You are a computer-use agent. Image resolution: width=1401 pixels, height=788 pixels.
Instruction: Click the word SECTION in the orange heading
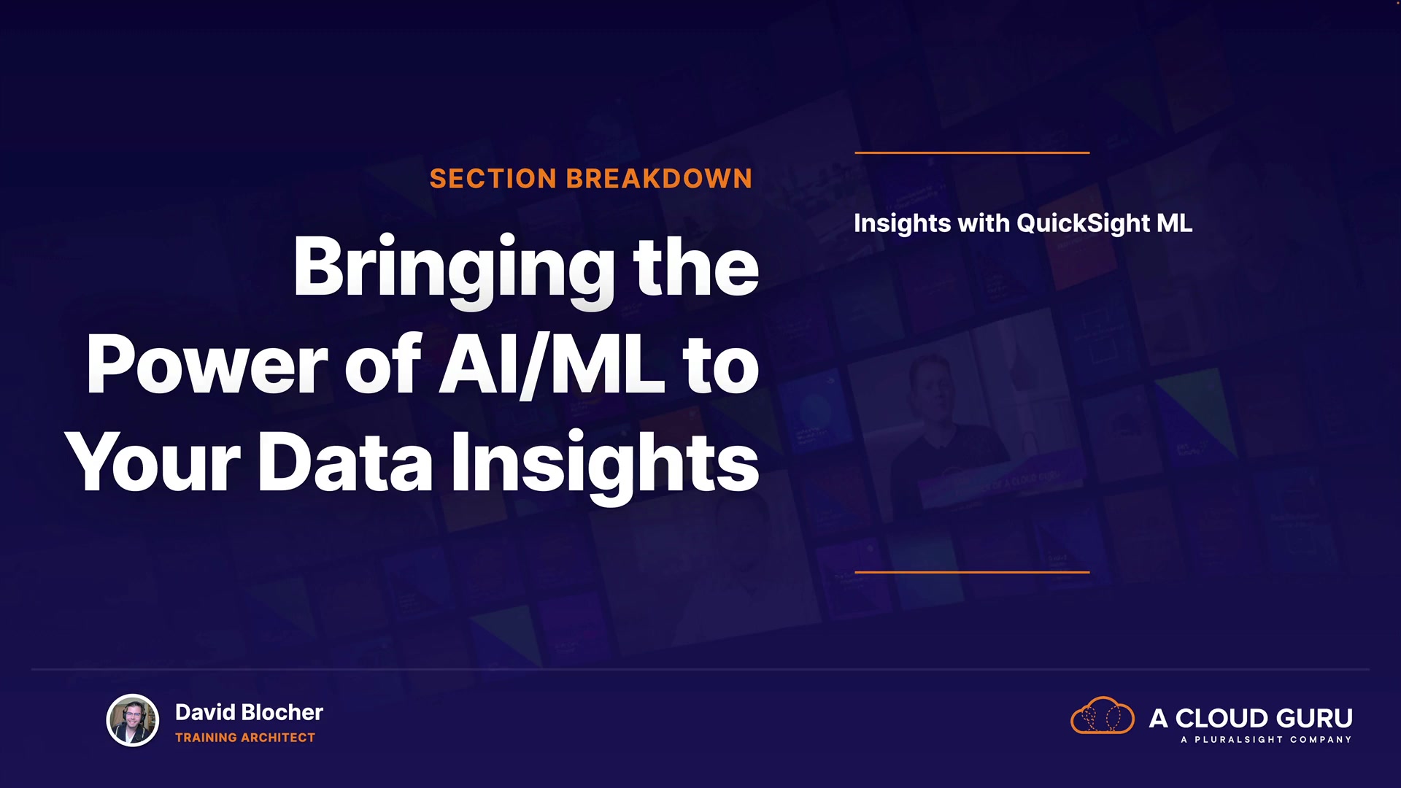493,179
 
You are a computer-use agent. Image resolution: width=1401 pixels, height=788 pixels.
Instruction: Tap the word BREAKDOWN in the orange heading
659,179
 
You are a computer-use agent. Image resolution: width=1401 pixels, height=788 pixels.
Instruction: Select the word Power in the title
207,365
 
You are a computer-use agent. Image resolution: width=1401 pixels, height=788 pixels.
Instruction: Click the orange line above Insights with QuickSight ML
972,152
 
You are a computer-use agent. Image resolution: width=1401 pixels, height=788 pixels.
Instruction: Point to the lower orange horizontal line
972,572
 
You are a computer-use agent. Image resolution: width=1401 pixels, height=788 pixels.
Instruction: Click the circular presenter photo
133,720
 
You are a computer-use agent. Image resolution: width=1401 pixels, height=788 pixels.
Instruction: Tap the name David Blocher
249,712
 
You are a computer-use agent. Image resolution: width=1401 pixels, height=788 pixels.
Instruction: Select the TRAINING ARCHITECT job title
245,738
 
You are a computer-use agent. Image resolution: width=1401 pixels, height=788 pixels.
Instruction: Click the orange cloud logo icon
1102,716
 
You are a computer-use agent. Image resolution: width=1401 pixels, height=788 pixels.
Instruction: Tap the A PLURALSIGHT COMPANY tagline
1266,740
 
